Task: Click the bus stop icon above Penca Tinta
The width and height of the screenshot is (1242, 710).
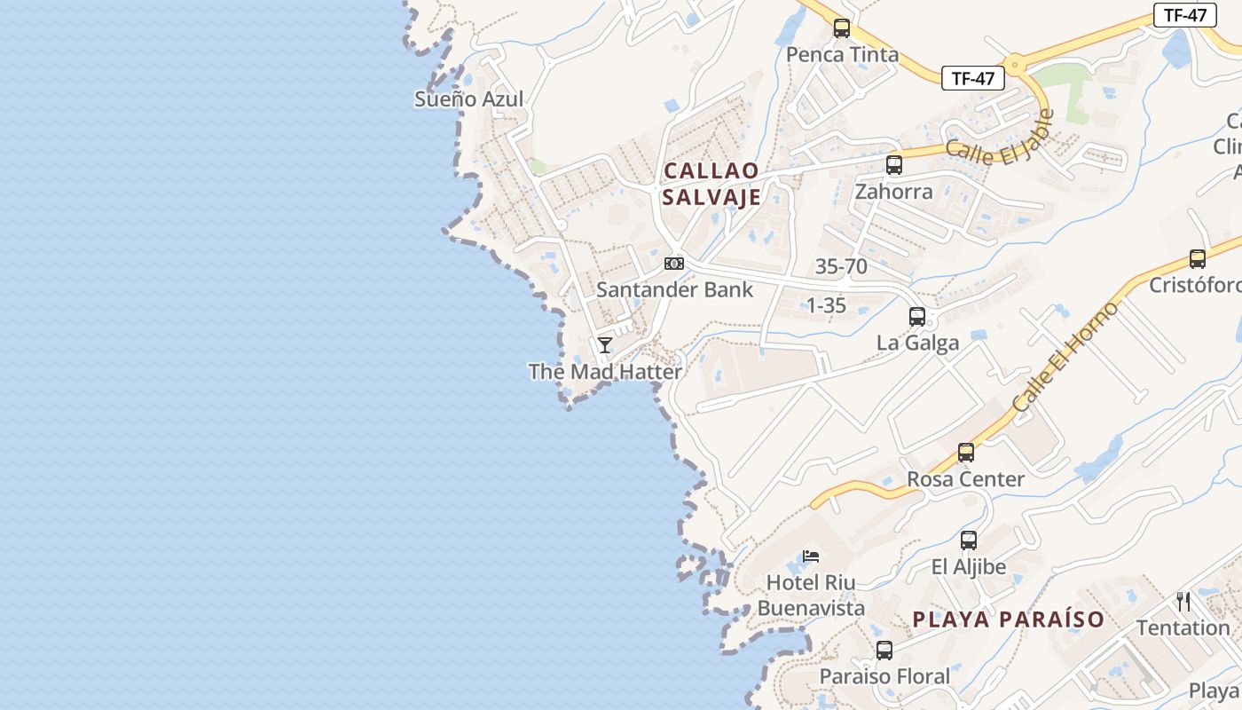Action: (842, 28)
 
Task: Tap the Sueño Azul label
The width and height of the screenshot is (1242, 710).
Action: (468, 99)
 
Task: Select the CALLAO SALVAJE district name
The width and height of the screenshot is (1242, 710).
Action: (711, 184)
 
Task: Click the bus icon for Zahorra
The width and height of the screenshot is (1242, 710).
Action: (894, 165)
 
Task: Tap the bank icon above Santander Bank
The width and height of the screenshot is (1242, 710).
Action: (674, 264)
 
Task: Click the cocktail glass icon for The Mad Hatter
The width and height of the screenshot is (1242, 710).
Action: (605, 345)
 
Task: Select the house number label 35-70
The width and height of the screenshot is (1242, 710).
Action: (841, 266)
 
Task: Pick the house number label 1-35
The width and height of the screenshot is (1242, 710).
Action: (825, 305)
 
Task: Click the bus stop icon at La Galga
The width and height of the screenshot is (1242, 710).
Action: (917, 317)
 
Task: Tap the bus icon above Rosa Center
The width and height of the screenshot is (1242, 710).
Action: (966, 453)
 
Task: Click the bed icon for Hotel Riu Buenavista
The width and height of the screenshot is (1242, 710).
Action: (811, 556)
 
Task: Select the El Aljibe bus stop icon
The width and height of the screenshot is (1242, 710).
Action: (969, 540)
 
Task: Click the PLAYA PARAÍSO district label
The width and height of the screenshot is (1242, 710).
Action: (1009, 619)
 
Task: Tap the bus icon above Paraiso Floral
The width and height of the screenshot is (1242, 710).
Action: (884, 651)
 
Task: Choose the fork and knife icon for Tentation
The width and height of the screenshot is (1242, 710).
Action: (1183, 602)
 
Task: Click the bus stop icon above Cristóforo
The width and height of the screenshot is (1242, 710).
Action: (1198, 259)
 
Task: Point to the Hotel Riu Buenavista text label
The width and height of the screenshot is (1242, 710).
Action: (811, 596)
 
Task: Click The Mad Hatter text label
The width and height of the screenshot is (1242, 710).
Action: (605, 372)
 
